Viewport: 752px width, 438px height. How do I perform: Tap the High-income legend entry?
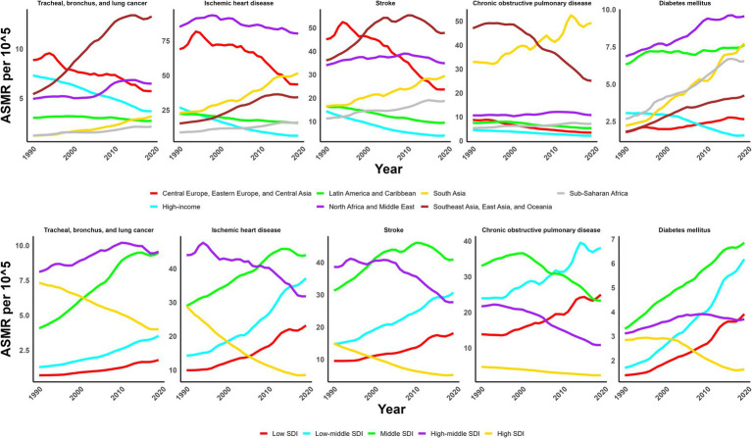click(x=175, y=207)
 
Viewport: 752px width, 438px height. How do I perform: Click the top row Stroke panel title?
click(x=386, y=3)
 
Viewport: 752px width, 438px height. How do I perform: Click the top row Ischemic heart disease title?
click(x=239, y=3)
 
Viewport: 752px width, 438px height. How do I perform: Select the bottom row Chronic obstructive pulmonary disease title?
click(x=541, y=230)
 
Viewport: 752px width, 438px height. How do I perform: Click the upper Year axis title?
click(x=388, y=169)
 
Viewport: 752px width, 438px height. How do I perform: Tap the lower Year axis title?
click(x=391, y=409)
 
